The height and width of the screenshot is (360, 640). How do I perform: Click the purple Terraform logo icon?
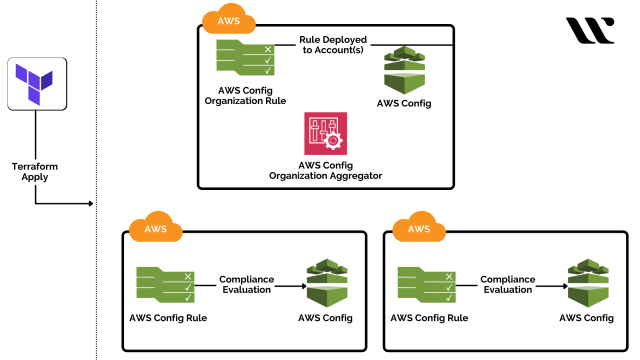coord(36,83)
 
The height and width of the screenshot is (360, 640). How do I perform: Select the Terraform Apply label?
coord(36,171)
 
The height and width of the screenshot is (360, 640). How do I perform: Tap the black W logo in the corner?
coord(590,30)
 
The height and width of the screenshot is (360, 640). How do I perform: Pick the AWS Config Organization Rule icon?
coord(245,57)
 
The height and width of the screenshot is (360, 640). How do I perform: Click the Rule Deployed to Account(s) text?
coord(332,46)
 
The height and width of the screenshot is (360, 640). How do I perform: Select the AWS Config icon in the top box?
coord(405,69)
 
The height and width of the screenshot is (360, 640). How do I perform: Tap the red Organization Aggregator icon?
coord(325,133)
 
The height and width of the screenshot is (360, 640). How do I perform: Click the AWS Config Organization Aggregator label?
coord(325,170)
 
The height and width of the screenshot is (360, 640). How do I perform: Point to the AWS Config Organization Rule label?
coord(245,95)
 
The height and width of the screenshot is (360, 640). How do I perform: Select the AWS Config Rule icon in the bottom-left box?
coord(164,285)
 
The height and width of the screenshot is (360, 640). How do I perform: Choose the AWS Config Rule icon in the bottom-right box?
coord(426,285)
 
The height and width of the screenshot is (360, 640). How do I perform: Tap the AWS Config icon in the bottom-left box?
coord(325,285)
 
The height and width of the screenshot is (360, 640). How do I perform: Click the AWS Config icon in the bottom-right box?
coord(586,285)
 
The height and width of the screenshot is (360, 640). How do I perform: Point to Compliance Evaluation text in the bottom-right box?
coord(508,285)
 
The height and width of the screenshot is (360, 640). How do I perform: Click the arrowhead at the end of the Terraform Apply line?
coord(89,205)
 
